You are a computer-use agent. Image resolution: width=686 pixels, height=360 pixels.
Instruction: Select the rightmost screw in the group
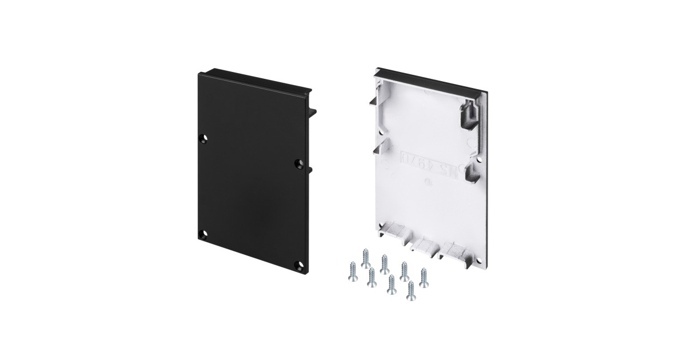coord(424,277)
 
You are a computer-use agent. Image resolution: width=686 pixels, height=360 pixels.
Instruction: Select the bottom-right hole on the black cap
coord(298,264)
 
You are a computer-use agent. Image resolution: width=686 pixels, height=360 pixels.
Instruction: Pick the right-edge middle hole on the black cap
coord(297,164)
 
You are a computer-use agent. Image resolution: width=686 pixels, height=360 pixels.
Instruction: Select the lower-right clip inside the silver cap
coord(473,174)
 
